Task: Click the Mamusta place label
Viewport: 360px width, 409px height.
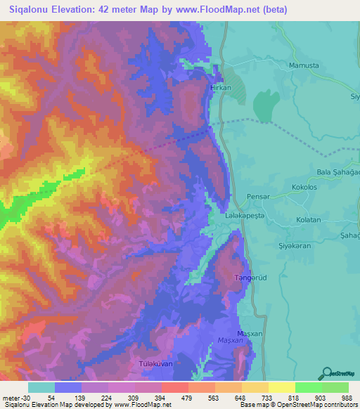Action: [x=304, y=65]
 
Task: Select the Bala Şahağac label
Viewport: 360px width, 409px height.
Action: [x=337, y=173]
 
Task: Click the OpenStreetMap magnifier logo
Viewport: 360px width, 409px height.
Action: [x=325, y=373]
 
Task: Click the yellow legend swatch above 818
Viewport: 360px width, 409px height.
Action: [x=281, y=387]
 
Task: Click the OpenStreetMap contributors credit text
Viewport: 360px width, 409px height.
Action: [x=316, y=405]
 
